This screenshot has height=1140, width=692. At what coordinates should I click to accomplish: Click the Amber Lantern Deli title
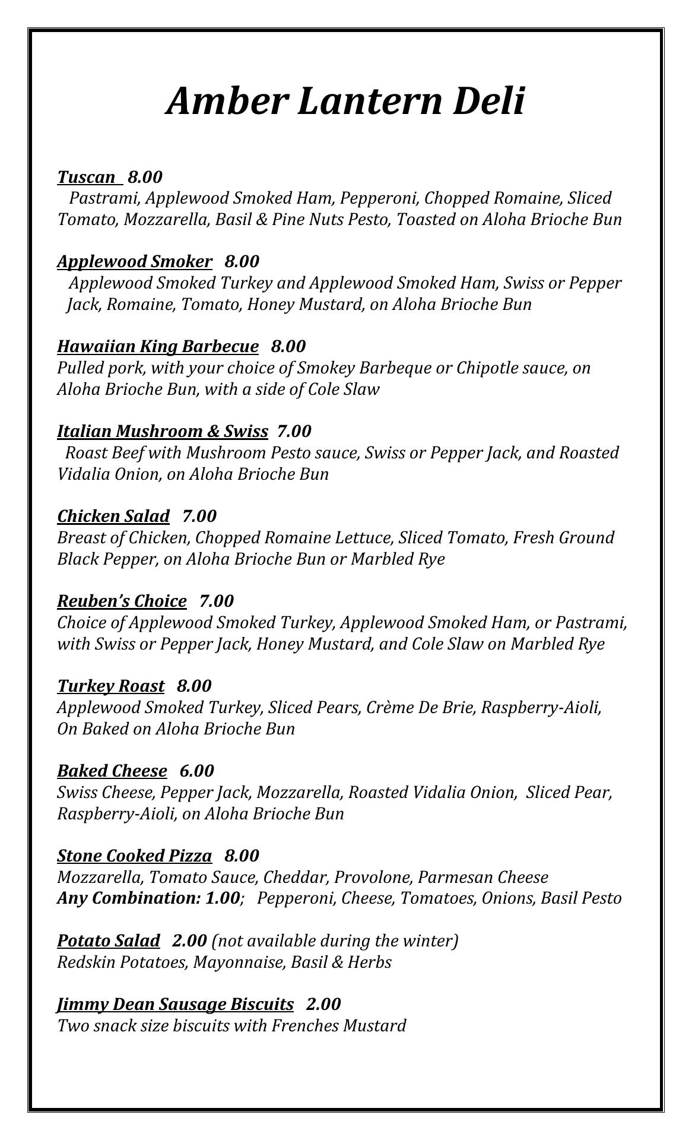point(345,100)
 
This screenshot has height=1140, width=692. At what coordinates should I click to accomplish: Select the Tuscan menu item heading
point(87,177)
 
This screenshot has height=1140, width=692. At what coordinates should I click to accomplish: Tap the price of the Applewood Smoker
point(242,262)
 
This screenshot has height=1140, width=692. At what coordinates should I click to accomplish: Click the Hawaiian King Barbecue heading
point(158,346)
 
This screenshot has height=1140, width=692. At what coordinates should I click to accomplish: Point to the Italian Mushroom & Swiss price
point(294,431)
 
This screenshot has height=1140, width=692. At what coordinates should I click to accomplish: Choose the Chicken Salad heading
point(113,516)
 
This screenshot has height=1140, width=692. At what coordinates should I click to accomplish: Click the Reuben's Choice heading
point(122,601)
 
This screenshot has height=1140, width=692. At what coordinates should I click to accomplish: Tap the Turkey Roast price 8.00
point(193,686)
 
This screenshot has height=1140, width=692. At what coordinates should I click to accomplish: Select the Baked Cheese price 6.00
point(196,771)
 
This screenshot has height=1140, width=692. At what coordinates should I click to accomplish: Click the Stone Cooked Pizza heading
point(134,856)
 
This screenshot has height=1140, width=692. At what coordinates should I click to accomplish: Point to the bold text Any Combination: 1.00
point(148,898)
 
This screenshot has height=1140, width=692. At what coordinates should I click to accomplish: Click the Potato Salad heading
point(109,940)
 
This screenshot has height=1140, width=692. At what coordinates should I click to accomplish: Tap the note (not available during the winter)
point(335,940)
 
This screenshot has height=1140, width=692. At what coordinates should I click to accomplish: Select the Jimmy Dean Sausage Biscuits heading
point(175,1004)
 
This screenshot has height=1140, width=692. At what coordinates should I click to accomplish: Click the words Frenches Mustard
point(339,1025)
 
